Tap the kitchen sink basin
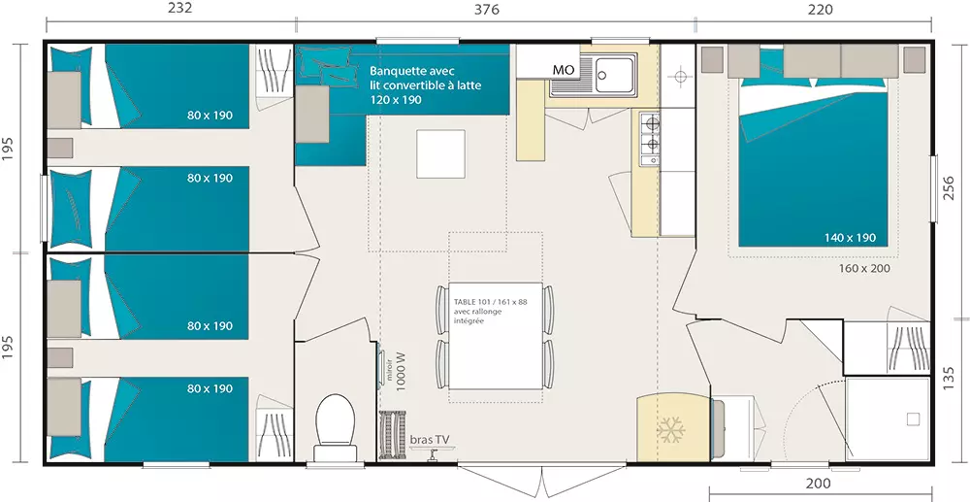click(614, 74)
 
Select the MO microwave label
click(563, 70)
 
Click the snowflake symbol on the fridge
click(670, 429)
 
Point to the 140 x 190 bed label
click(850, 238)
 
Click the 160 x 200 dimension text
click(864, 268)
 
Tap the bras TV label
click(430, 440)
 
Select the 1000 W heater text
click(401, 371)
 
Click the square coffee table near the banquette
click(440, 153)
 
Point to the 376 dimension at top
click(486, 10)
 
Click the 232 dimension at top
click(180, 8)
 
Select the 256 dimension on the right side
click(949, 188)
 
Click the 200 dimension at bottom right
click(819, 484)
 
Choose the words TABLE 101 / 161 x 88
click(490, 301)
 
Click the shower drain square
click(913, 419)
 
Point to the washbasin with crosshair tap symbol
click(680, 77)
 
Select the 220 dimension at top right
click(821, 10)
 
